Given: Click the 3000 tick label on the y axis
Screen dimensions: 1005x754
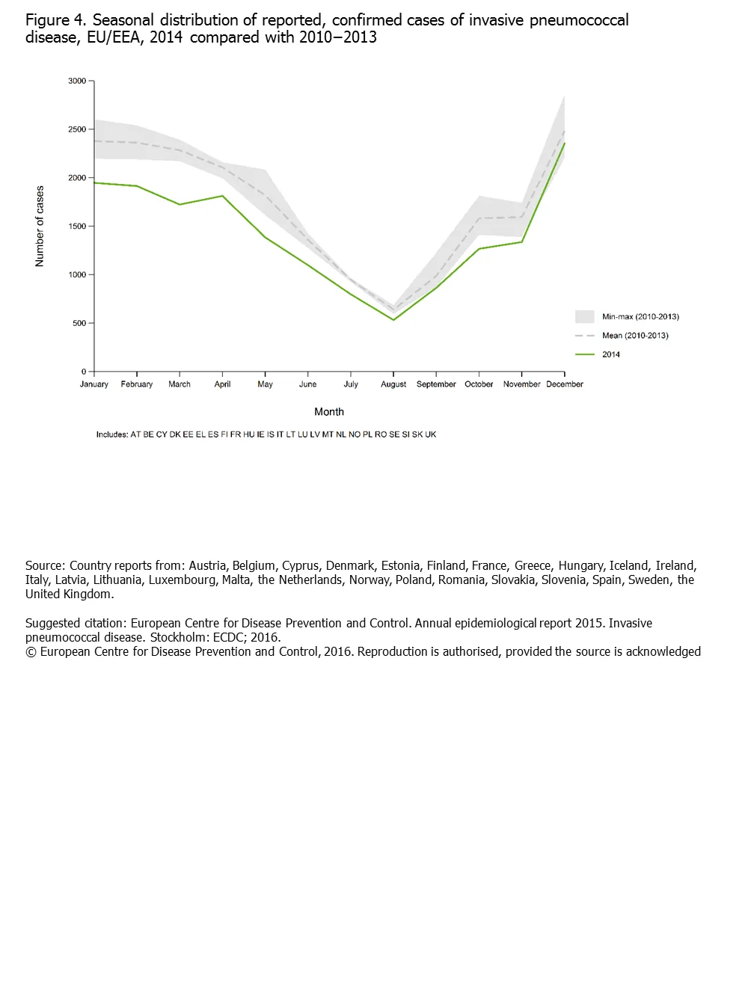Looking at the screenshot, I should pyautogui.click(x=77, y=81).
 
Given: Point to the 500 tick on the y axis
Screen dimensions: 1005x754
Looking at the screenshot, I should pyautogui.click(x=79, y=323).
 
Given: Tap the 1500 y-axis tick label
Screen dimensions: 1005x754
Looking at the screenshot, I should pyautogui.click(x=77, y=226).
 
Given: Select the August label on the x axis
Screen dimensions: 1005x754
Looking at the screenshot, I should pyautogui.click(x=393, y=384).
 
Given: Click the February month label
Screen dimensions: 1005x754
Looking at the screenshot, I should pyautogui.click(x=137, y=384).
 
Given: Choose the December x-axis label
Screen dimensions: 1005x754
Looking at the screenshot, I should pyautogui.click(x=565, y=384).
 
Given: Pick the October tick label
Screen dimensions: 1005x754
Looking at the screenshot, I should pyautogui.click(x=479, y=384).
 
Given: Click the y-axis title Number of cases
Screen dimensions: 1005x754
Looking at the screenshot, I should pyautogui.click(x=40, y=226).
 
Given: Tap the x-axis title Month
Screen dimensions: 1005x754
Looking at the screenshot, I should pyautogui.click(x=329, y=412).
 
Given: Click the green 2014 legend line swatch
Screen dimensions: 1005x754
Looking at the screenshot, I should pyautogui.click(x=585, y=354).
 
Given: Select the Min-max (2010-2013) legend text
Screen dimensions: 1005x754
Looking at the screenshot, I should pyautogui.click(x=640, y=317).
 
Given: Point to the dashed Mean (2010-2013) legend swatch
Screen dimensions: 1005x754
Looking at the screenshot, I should pyautogui.click(x=585, y=336).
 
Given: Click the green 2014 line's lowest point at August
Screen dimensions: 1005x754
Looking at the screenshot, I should pyautogui.click(x=393, y=320).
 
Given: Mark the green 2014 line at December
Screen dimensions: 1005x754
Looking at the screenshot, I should pyautogui.click(x=565, y=143).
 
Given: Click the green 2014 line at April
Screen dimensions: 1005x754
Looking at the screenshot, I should pyautogui.click(x=222, y=196).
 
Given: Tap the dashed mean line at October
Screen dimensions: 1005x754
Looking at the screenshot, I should pyautogui.click(x=479, y=219).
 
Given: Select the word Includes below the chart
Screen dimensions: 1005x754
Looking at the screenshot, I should pyautogui.click(x=111, y=434).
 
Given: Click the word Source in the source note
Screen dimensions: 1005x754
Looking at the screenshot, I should pyautogui.click(x=44, y=566).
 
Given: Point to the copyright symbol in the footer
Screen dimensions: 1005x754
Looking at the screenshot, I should pyautogui.click(x=31, y=652).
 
